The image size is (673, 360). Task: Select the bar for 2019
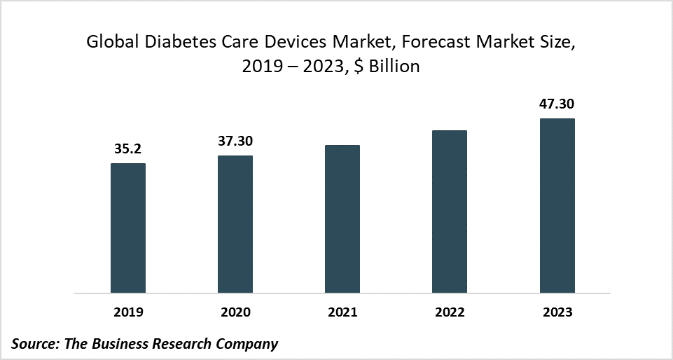(128, 228)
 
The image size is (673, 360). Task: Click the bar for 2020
(235, 224)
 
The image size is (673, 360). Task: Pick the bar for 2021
(342, 219)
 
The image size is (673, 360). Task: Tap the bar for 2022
(450, 212)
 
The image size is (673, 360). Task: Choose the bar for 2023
(557, 206)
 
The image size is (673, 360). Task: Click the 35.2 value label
(128, 148)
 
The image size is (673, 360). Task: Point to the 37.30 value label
(235, 141)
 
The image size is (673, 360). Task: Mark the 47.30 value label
(557, 104)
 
